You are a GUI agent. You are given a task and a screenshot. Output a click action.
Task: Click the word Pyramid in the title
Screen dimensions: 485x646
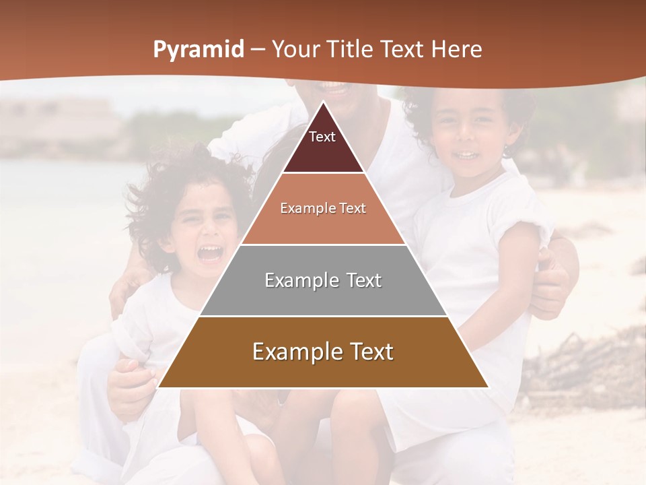198,50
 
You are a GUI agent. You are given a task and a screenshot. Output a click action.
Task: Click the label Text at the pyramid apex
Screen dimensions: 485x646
322,137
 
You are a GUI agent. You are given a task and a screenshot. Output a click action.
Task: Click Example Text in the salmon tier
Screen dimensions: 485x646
323,208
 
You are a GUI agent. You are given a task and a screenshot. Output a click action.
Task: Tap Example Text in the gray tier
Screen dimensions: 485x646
323,280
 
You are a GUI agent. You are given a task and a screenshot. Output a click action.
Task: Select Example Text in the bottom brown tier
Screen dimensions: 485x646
323,352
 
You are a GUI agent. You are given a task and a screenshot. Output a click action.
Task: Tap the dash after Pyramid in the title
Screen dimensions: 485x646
256,50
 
